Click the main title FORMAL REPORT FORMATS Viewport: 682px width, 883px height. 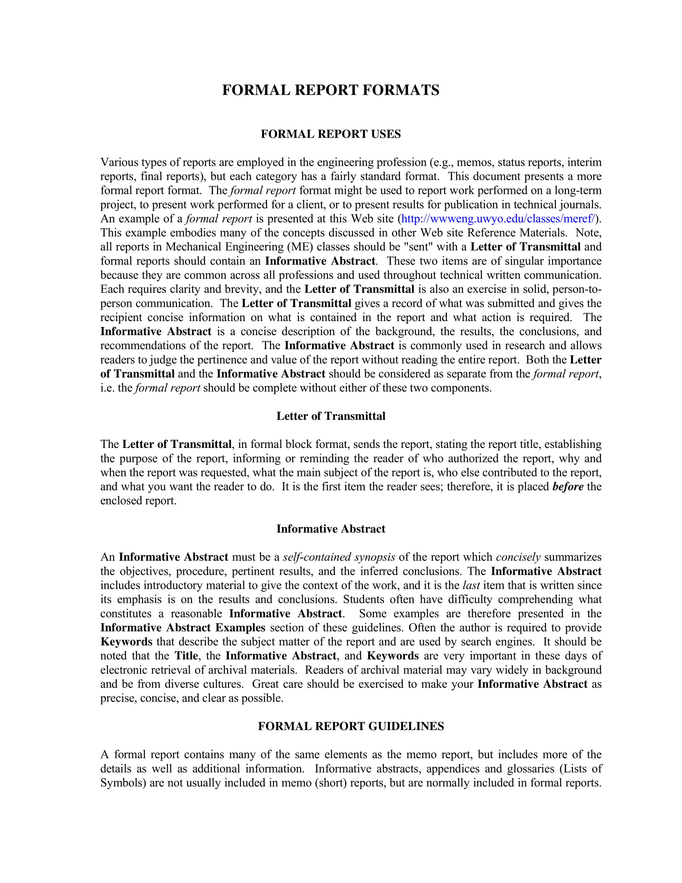pyautogui.click(x=331, y=90)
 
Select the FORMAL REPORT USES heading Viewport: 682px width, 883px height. pyautogui.click(x=331, y=134)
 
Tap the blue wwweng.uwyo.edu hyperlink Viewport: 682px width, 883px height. pyautogui.click(x=498, y=219)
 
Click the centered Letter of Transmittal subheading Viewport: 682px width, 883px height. pyautogui.click(x=331, y=416)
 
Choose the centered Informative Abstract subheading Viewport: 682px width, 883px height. pyautogui.click(x=331, y=529)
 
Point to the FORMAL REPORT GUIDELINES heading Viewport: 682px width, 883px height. pyautogui.click(x=351, y=726)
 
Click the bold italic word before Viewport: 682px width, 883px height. pyautogui.click(x=568, y=486)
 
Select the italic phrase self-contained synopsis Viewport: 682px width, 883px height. pyautogui.click(x=339, y=557)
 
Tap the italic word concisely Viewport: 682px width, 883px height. pyautogui.click(x=518, y=557)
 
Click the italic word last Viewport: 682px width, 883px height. pyautogui.click(x=471, y=586)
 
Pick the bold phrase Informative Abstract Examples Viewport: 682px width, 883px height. pyautogui.click(x=183, y=627)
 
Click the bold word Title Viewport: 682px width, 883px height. pyautogui.click(x=186, y=656)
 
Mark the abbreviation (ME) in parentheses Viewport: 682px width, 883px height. pyautogui.click(x=298, y=246)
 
